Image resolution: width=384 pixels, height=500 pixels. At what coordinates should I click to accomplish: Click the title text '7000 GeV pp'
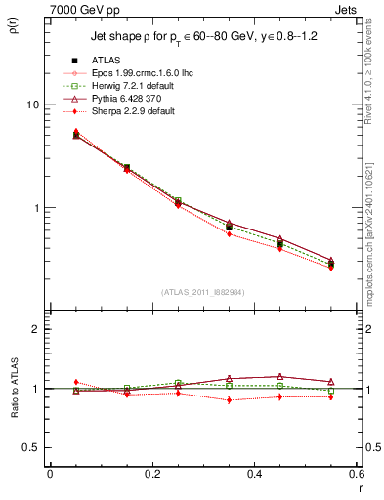pyautogui.click(x=79, y=9)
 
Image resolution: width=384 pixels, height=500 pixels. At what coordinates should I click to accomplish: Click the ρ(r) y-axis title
pyautogui.click(x=13, y=25)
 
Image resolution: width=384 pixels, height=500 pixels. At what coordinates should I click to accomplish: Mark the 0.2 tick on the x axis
pyautogui.click(x=151, y=475)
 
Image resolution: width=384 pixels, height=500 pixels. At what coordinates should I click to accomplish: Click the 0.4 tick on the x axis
pyautogui.click(x=254, y=475)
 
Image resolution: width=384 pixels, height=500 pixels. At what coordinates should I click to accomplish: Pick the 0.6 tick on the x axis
pyautogui.click(x=356, y=475)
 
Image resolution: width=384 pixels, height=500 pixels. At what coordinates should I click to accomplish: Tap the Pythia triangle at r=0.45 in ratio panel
pyautogui.click(x=280, y=376)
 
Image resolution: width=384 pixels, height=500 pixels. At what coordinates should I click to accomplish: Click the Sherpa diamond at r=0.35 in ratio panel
pyautogui.click(x=229, y=400)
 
